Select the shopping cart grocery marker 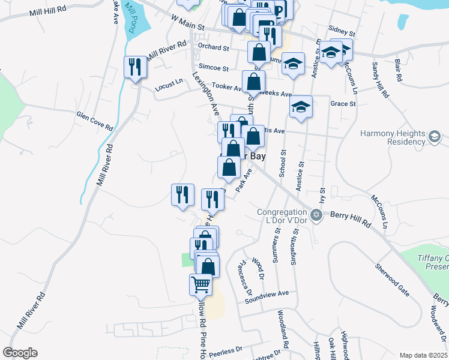click(x=200, y=284)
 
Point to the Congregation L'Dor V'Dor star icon click(x=316, y=214)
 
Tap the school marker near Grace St click(x=301, y=107)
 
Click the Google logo click(x=20, y=353)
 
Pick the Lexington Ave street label click(x=205, y=94)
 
